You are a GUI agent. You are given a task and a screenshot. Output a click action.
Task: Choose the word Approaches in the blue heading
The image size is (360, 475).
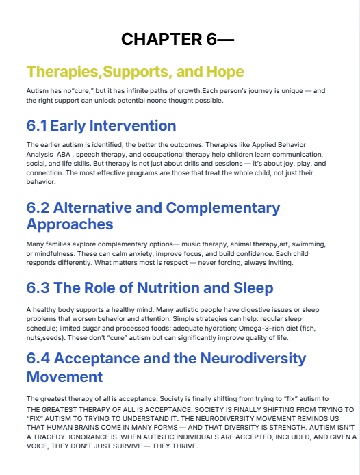[70, 224]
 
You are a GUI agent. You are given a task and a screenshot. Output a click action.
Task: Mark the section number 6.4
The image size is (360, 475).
[38, 359]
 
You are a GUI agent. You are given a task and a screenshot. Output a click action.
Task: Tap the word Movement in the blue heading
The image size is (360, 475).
[64, 376]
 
